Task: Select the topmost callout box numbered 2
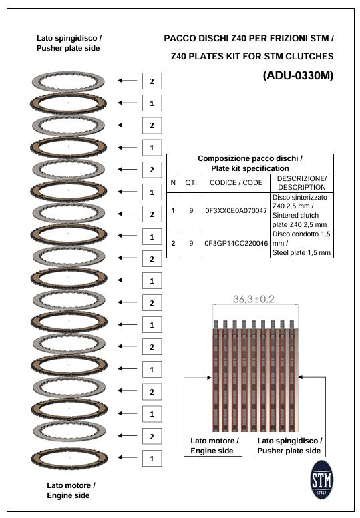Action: click(152, 81)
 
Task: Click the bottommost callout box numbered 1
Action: click(152, 459)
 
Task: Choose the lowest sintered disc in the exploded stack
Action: click(69, 459)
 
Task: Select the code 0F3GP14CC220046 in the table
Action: click(236, 244)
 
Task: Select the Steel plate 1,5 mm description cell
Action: click(301, 244)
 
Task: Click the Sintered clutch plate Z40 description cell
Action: click(301, 211)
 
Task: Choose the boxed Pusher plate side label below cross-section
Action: click(289, 446)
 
